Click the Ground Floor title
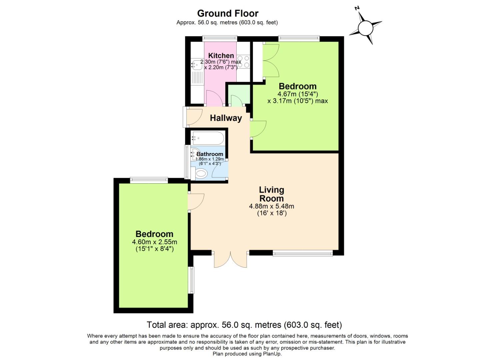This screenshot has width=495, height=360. point(228,13)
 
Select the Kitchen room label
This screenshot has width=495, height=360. point(221,55)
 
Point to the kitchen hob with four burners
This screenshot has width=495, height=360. point(244,62)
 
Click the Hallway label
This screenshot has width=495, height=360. point(226,118)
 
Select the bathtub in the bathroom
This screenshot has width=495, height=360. point(207,138)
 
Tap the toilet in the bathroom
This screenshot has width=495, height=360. point(201,173)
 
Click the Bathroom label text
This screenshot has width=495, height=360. point(210,154)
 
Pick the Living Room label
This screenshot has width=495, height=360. point(271,194)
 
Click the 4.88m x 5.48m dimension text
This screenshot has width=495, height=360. point(271,206)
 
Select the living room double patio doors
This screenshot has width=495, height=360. point(231,259)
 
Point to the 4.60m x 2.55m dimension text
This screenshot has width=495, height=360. point(154,242)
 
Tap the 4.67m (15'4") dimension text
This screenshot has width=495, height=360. point(297,94)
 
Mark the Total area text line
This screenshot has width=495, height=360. point(244,325)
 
